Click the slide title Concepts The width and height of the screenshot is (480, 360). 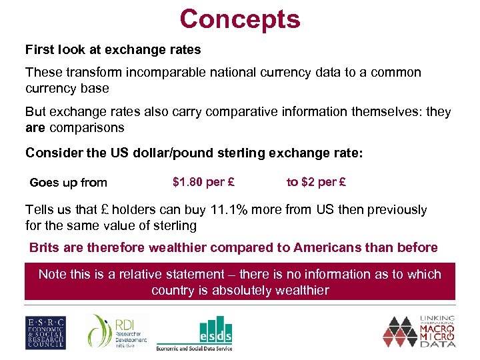coord(240,19)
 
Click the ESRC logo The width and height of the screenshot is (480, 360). coord(45,331)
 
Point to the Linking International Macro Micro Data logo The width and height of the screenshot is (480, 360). coord(419,331)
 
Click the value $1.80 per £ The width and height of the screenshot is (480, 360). coord(203,181)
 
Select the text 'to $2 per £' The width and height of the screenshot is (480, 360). coord(316,181)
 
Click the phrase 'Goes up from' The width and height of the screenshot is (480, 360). coord(68,183)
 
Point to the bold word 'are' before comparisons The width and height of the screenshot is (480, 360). coord(35,127)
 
